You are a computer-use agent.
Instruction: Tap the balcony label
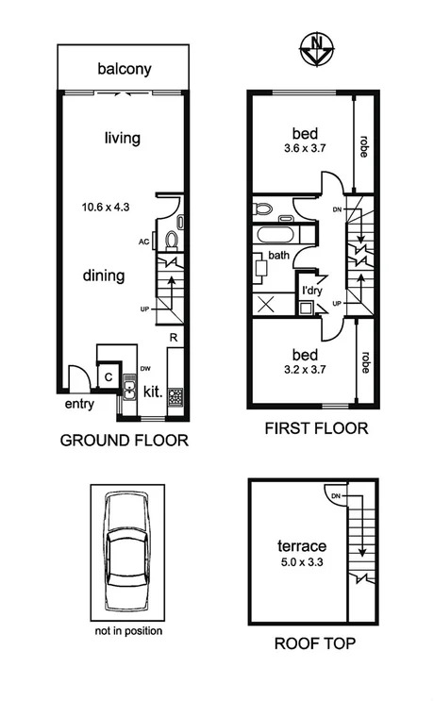pos(125,69)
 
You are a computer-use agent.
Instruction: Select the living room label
pos(122,139)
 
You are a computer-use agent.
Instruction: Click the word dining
pos(104,276)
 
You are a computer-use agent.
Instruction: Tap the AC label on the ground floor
pos(143,242)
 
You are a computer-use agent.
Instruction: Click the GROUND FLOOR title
pos(124,440)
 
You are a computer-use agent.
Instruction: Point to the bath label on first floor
pos(278,255)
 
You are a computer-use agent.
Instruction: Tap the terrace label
pos(301,546)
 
